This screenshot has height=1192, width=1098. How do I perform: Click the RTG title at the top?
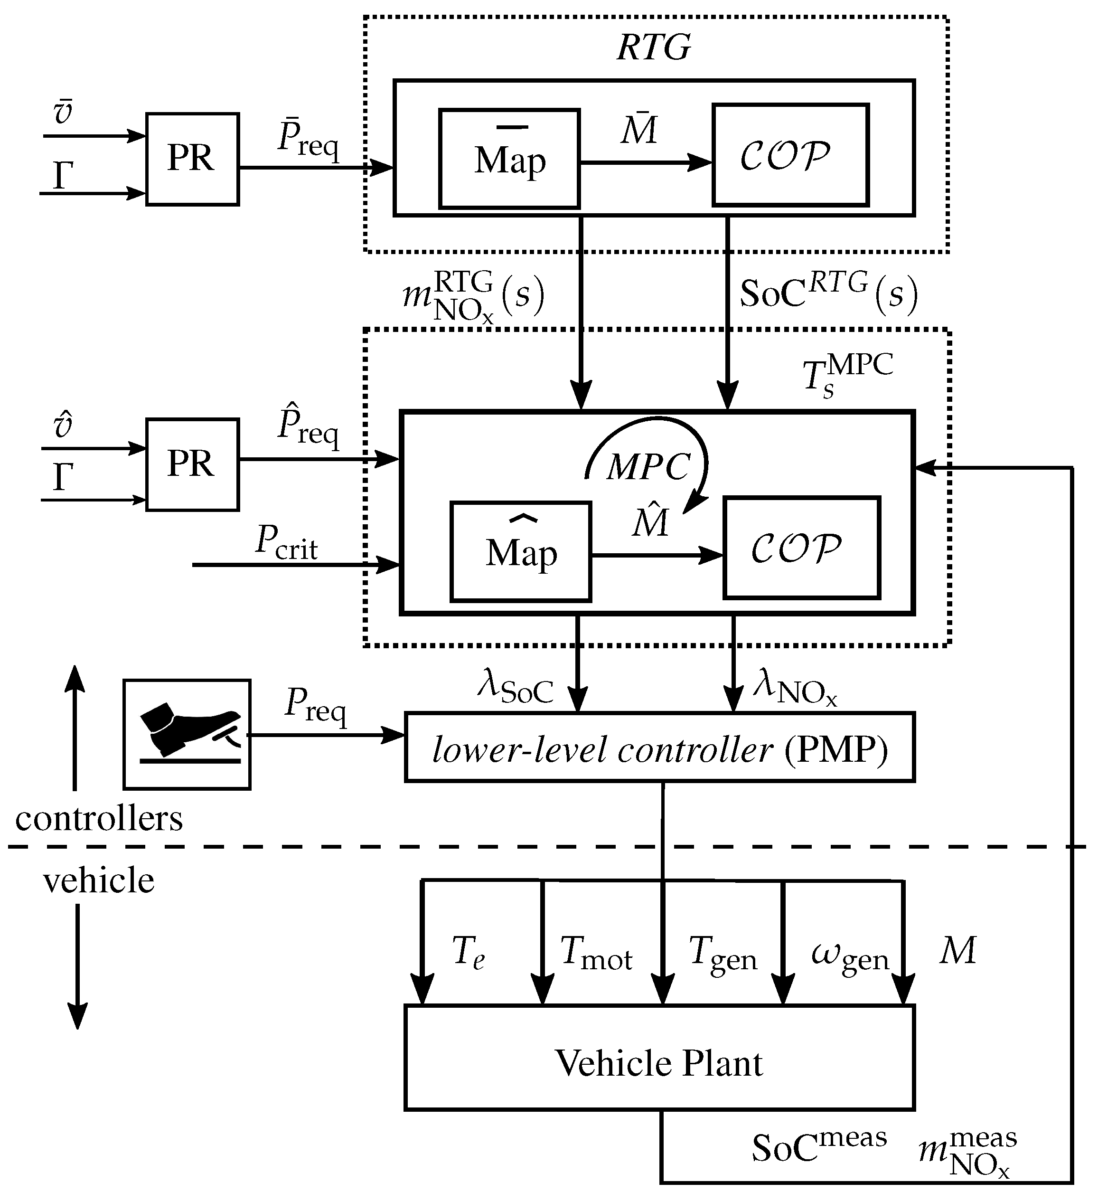[654, 47]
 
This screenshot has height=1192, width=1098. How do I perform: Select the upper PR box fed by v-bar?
[193, 160]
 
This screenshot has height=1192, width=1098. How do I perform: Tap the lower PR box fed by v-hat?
[193, 464]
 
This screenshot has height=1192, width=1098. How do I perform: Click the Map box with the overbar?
[509, 159]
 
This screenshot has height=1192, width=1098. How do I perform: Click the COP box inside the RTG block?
[790, 155]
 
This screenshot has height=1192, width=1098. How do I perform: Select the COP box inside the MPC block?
[801, 548]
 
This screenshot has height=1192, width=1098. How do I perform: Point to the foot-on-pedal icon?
[187, 734]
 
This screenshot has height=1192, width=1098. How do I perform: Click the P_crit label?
[286, 542]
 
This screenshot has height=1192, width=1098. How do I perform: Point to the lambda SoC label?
[515, 687]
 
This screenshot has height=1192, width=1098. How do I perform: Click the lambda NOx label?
[795, 687]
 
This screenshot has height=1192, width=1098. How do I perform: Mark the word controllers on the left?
[99, 819]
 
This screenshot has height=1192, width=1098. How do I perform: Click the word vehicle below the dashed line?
[99, 880]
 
